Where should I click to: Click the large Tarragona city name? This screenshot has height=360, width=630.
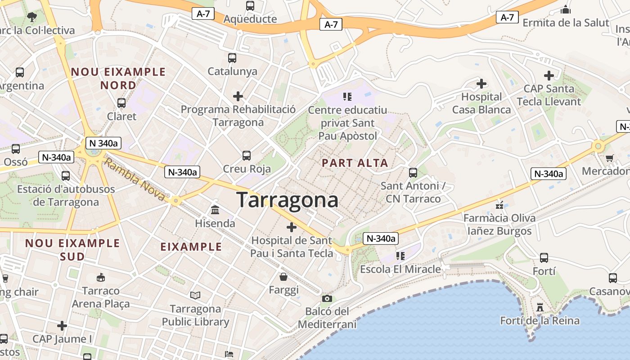coord(287,200)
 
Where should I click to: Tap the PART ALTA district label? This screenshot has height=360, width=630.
coord(355,163)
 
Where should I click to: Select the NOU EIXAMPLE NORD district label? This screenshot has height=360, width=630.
coord(118,78)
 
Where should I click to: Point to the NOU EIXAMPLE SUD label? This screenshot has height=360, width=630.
coord(72,250)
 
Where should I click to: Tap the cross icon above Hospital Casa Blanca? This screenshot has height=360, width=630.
coord(481,83)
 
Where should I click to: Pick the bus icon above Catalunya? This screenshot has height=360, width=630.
coord(232,58)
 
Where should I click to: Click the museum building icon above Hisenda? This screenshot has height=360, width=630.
coord(215,210)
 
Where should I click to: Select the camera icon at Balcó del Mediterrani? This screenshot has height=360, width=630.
coord(327,298)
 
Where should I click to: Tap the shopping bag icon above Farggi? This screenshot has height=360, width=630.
coord(283,276)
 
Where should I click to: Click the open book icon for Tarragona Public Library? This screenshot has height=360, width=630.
coord(195,295)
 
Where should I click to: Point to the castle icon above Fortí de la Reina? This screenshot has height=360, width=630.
coord(540,307)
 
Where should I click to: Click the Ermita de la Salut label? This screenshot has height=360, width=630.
coord(566,22)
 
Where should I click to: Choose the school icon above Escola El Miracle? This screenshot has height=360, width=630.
coord(400,256)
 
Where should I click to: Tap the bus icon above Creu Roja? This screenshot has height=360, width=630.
coord(247,156)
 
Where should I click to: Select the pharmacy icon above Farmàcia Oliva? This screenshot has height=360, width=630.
coord(499,205)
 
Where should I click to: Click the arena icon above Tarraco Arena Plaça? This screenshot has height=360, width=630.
coord(101,277)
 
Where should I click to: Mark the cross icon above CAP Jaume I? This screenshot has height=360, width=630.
coord(62,325)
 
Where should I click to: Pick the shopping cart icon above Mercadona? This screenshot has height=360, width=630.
coord(610,158)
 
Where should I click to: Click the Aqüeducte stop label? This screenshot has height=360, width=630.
coord(250,19)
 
